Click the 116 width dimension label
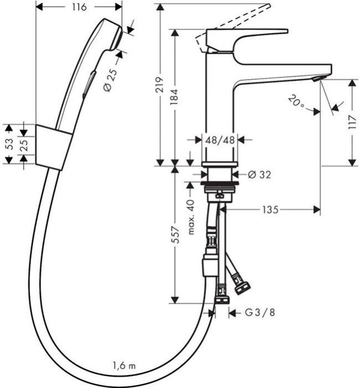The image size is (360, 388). (x=79, y=7)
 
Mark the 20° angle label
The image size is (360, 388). (x=296, y=101)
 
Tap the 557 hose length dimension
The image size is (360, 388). (x=175, y=236)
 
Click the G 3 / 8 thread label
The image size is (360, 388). (x=260, y=313)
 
